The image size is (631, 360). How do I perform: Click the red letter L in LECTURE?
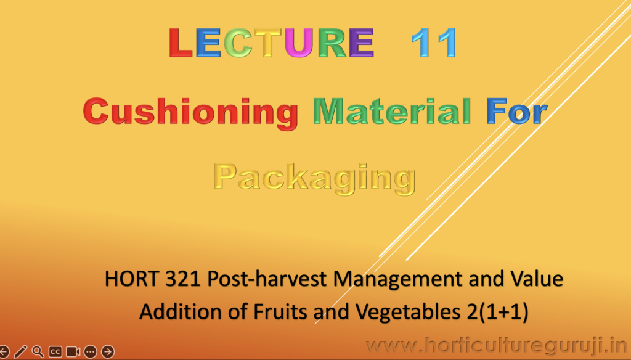coord(181,43)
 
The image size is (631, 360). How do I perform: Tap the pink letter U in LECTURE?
coord(299,43)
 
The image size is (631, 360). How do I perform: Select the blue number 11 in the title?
coord(434,43)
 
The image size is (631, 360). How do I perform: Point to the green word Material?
coord(392,111)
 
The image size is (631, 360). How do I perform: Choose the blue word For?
coord(517,111)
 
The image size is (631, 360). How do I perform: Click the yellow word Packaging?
coord(315,178)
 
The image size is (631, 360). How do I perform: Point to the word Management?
coord(399,279)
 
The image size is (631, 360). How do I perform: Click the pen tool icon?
coord(20,351)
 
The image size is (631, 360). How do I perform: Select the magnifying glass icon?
coord(38,351)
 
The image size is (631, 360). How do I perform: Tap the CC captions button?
coord(55,351)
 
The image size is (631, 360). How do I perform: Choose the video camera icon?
coord(73,351)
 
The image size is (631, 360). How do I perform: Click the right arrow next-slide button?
coord(107,351)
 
